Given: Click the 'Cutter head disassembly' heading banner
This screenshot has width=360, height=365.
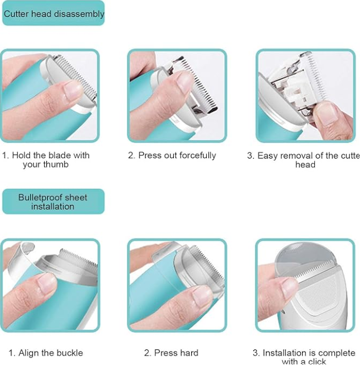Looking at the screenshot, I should click(x=53, y=14).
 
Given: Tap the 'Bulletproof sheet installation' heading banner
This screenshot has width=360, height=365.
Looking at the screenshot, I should click(x=53, y=202).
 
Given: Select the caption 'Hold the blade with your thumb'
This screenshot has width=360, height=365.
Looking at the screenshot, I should click(x=47, y=160).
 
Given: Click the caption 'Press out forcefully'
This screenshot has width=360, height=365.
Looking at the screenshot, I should click(x=172, y=155).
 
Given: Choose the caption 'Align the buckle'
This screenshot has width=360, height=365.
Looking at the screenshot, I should click(x=46, y=353).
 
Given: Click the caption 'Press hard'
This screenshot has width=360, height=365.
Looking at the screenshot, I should click(x=171, y=353).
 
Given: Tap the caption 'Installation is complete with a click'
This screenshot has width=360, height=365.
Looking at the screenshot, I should click(x=304, y=357).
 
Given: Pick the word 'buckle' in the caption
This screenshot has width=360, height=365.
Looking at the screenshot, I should click(x=69, y=353).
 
